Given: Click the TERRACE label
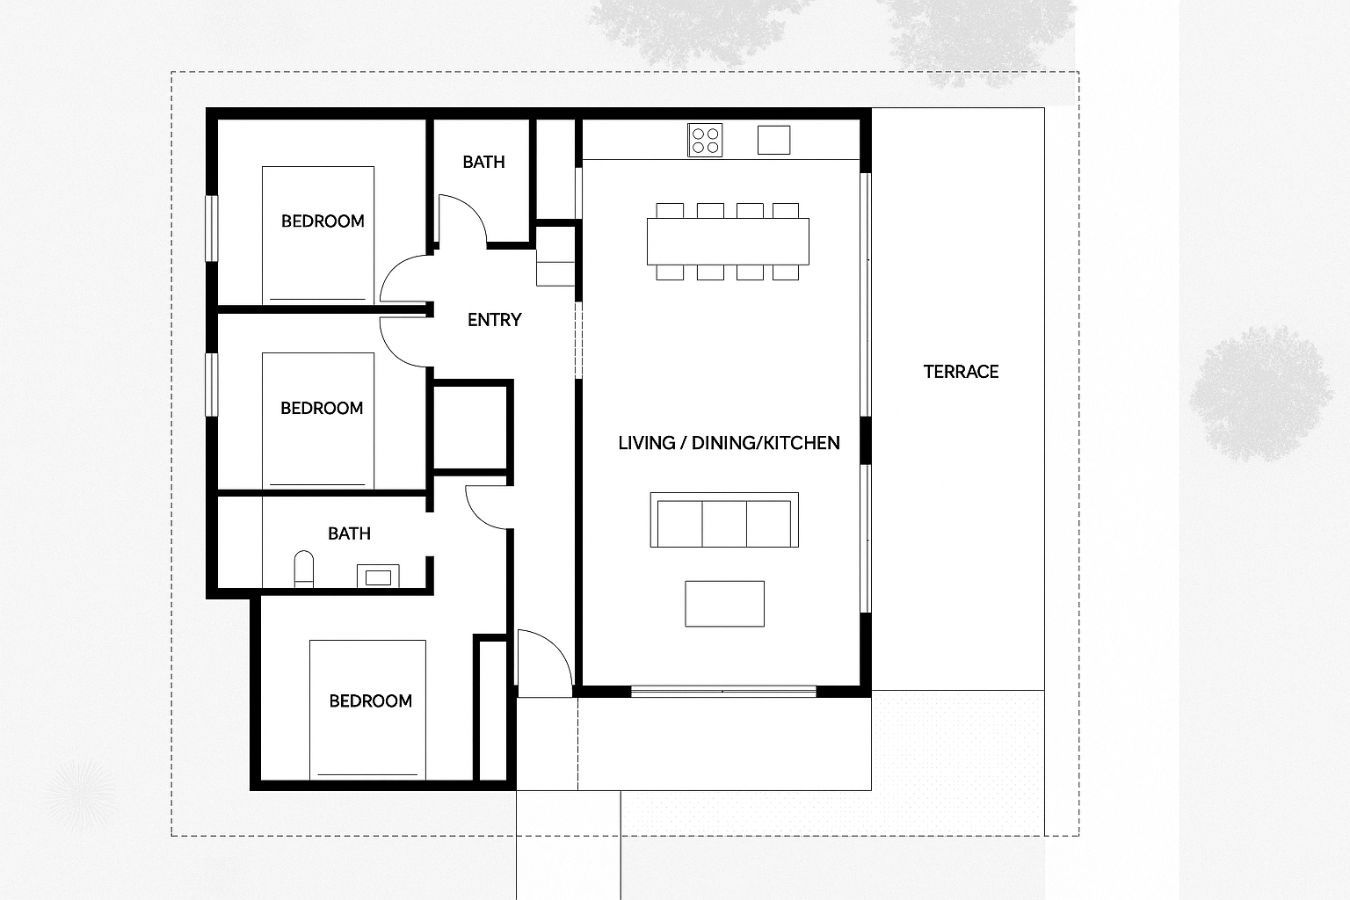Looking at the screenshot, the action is (x=961, y=372).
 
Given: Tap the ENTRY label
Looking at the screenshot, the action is (x=494, y=320).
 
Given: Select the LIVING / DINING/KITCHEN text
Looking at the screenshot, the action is (x=729, y=443).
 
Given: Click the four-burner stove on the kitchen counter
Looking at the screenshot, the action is (x=705, y=141).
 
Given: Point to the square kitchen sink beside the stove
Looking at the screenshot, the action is (x=773, y=140).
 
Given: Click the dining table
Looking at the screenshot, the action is (x=728, y=242).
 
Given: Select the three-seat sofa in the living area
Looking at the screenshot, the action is (x=724, y=519).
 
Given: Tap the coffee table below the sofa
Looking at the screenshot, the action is (x=724, y=604).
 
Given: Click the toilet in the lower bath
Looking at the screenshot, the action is (x=304, y=569).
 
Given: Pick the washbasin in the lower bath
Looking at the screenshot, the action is (x=378, y=577).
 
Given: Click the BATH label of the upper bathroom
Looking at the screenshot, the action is (x=483, y=162).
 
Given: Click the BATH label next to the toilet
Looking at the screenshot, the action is (x=349, y=533).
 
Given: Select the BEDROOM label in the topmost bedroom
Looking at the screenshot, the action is (x=323, y=221).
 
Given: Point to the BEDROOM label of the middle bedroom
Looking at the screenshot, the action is (x=322, y=408).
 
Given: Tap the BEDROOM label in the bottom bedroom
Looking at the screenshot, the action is (x=370, y=701).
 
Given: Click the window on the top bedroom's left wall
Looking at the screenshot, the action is (x=212, y=229).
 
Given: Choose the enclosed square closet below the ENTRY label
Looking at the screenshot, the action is (x=471, y=427).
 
